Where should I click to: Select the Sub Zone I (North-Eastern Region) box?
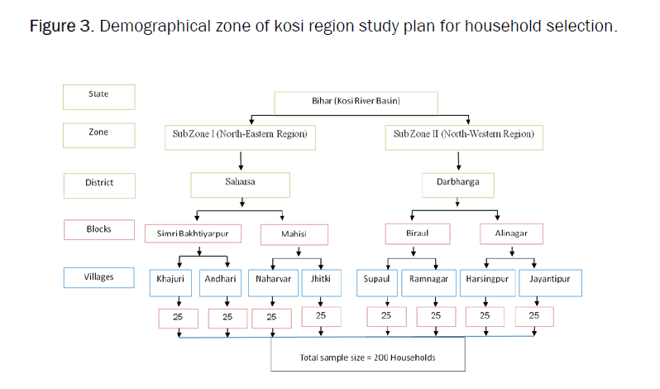(240, 134)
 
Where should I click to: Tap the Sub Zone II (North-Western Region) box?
(463, 134)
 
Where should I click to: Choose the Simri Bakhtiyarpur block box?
(198, 234)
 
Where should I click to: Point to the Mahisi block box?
(294, 234)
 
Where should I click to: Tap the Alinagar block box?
(511, 234)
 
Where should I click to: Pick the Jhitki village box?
(321, 280)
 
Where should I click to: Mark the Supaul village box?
(376, 280)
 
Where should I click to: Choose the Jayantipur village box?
(550, 280)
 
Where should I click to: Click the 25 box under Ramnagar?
(436, 315)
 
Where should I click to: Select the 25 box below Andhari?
(227, 316)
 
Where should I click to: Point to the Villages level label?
(98, 277)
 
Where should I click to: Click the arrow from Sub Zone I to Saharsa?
(241, 159)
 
